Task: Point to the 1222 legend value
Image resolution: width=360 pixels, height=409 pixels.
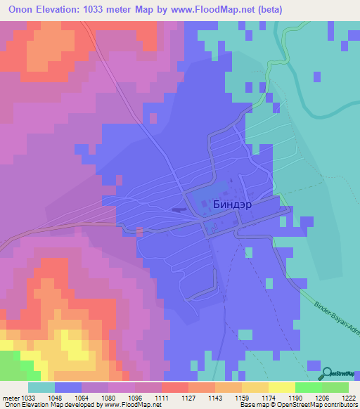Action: pos(349,397)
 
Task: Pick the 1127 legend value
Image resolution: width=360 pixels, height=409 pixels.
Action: pos(175,397)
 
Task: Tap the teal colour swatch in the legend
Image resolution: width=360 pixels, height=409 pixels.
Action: pos(41,387)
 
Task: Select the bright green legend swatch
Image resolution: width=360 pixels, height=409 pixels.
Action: pos(309,387)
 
